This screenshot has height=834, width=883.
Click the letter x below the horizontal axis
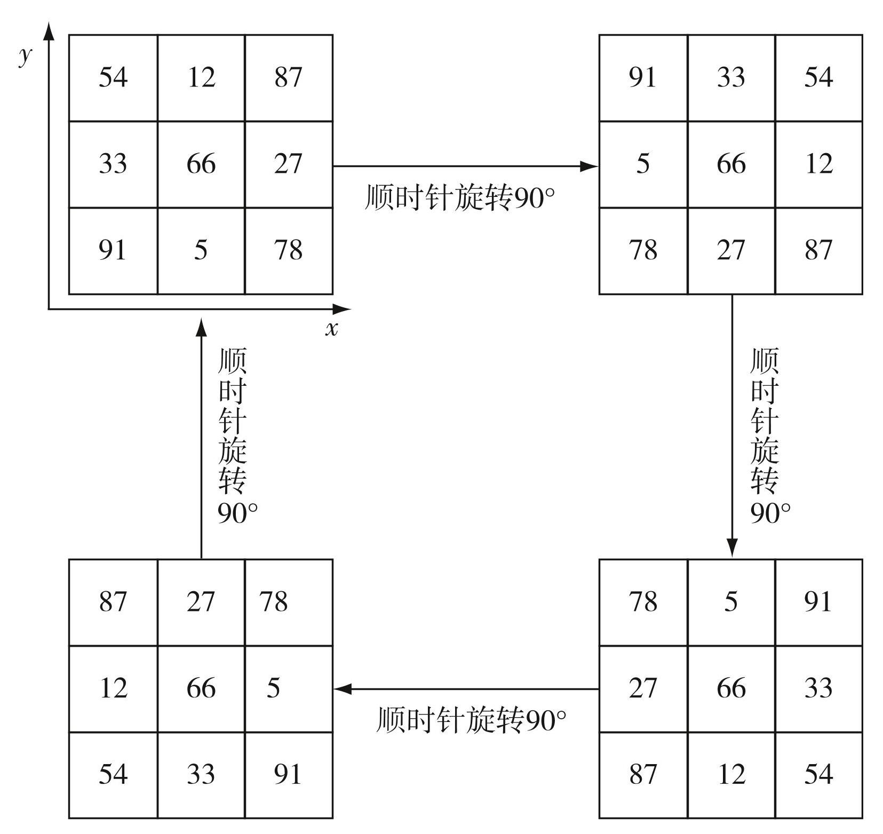pyautogui.click(x=331, y=329)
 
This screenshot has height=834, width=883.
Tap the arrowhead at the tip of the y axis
pyautogui.click(x=49, y=30)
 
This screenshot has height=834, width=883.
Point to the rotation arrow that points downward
pyautogui.click(x=731, y=426)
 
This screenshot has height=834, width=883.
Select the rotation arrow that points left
pyautogui.click(x=466, y=689)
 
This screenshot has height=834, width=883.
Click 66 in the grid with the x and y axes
pyautogui.click(x=201, y=163)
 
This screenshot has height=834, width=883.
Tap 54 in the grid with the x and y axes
pyautogui.click(x=113, y=77)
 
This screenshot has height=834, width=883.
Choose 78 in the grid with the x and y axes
pyautogui.click(x=288, y=250)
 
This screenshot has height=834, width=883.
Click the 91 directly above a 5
pyautogui.click(x=642, y=77)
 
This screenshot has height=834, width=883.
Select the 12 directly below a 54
pyautogui.click(x=818, y=163)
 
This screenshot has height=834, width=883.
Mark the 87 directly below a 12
pyautogui.click(x=818, y=250)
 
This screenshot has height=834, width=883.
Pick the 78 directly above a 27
pyautogui.click(x=642, y=601)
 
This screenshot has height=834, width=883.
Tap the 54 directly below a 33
pyautogui.click(x=818, y=774)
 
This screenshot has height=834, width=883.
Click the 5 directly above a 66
pyautogui.click(x=730, y=601)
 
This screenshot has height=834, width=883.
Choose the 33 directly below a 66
pyautogui.click(x=201, y=774)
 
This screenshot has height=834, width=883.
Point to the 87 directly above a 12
pyautogui.click(x=113, y=601)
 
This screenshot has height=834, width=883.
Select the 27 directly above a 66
pyautogui.click(x=201, y=601)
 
